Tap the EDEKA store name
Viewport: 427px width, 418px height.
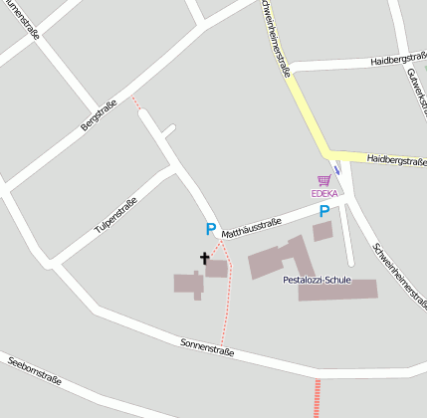[x=324, y=193]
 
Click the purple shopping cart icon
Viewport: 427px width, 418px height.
[x=323, y=180]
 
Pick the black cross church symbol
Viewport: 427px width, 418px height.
[x=205, y=259]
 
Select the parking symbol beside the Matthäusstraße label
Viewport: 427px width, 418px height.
[x=210, y=229]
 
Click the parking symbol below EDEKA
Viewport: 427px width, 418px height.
[x=323, y=211]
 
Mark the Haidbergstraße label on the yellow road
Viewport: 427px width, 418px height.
[x=395, y=159]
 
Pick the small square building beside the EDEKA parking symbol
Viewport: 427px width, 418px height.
[x=321, y=232]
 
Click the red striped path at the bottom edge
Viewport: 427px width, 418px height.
[x=318, y=398]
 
